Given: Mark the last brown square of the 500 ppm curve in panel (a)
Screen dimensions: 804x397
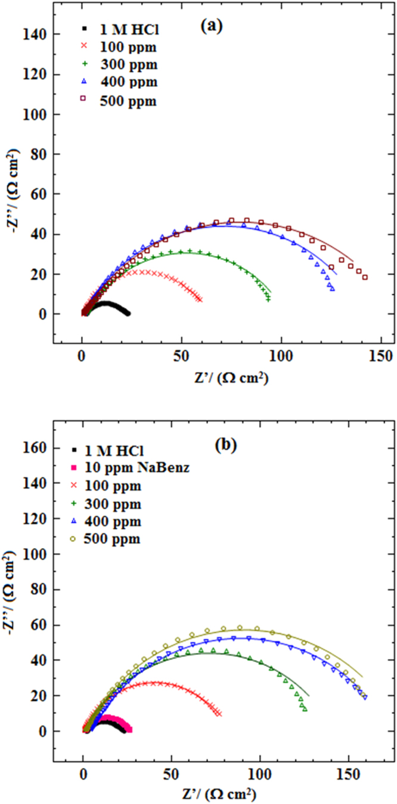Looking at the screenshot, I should point(365,277).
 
